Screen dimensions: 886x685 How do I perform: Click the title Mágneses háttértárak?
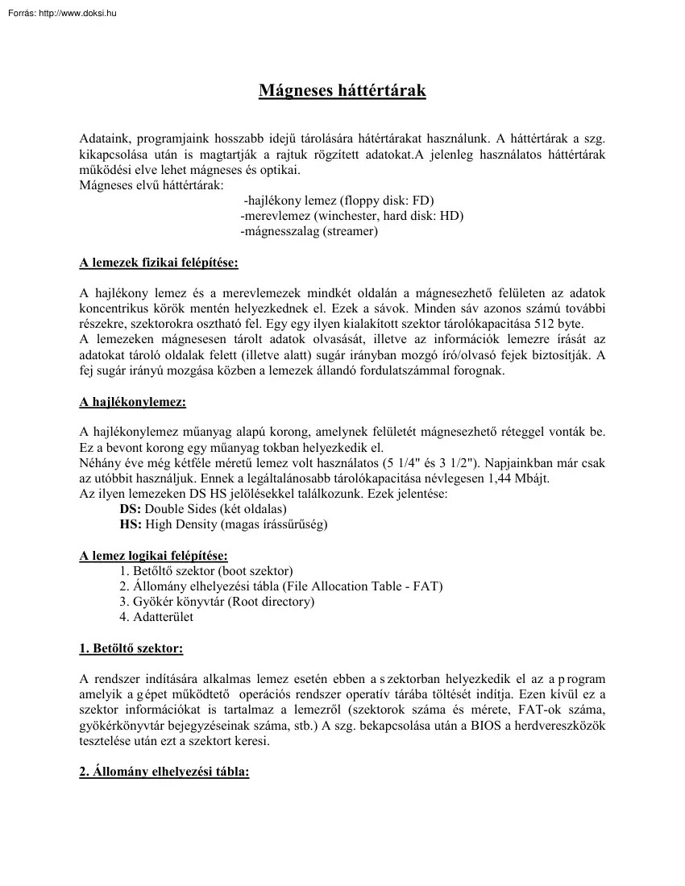click(342, 90)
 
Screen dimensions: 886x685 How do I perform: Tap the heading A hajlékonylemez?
click(132, 402)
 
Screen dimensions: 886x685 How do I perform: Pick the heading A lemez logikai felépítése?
click(153, 556)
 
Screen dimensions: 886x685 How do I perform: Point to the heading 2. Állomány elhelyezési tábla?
click(164, 772)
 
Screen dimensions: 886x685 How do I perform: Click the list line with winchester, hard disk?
click(351, 216)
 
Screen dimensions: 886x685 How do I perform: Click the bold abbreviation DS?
click(130, 509)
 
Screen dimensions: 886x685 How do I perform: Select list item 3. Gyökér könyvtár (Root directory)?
click(217, 602)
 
